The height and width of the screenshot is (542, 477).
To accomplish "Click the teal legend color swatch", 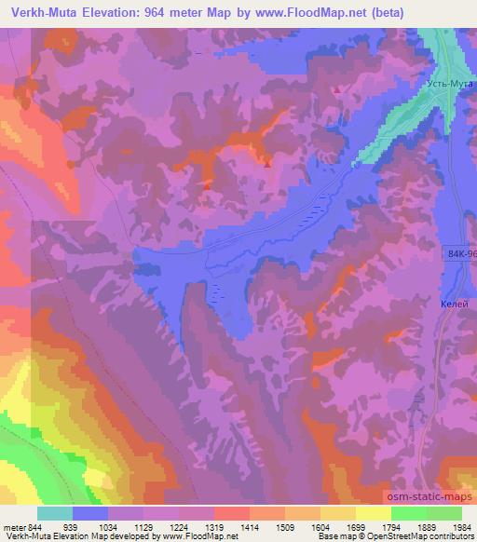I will [56, 513].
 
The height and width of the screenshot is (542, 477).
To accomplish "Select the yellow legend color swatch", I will [373, 513].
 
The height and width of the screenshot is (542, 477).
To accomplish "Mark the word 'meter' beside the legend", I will [14, 527].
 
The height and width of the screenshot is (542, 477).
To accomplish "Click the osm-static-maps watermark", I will [429, 497].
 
